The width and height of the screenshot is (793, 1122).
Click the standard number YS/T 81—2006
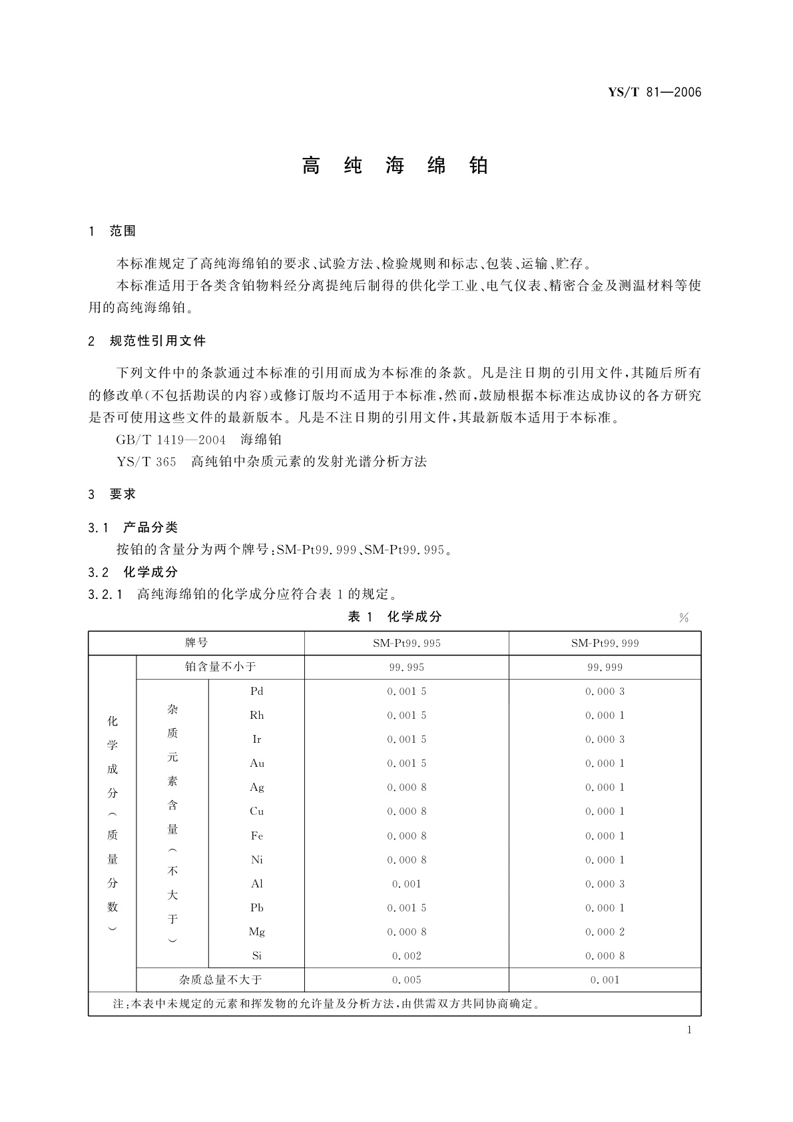(655, 93)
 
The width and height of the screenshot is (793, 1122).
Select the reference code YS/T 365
(146, 461)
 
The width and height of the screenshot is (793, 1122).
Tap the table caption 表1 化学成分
(395, 617)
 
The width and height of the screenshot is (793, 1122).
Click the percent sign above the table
(683, 618)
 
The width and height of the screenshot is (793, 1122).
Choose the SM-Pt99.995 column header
(406, 643)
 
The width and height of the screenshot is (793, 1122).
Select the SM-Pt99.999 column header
(605, 643)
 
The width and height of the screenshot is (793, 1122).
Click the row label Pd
(257, 692)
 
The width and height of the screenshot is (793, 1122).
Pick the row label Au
(257, 764)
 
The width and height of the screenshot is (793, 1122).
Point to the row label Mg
(257, 932)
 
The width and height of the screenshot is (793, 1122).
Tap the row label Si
(257, 956)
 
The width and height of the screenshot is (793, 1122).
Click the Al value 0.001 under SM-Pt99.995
(406, 884)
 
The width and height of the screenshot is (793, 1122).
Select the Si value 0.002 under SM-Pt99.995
(406, 956)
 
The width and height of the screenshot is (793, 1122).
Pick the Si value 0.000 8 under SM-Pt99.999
(605, 956)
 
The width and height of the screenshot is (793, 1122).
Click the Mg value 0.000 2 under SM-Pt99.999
(605, 932)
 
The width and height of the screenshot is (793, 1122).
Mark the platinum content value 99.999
(605, 668)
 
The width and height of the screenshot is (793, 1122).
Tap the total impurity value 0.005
(406, 980)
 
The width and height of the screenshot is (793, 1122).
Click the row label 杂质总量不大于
(220, 980)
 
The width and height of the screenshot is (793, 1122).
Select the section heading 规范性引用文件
(158, 341)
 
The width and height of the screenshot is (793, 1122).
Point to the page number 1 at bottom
(689, 1030)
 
